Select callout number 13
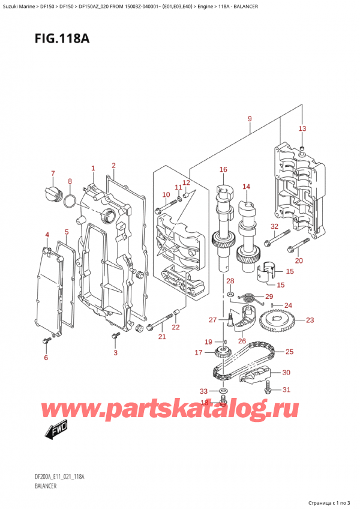[x=302, y=129]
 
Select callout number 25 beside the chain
[x=289, y=351]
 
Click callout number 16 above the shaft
[x=223, y=170]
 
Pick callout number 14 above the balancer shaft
[x=246, y=187]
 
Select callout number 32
[x=274, y=226]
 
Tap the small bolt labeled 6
[x=46, y=341]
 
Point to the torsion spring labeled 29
[x=246, y=297]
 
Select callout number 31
[x=286, y=390]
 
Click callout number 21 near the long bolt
[x=161, y=336]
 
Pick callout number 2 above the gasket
[x=113, y=165]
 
